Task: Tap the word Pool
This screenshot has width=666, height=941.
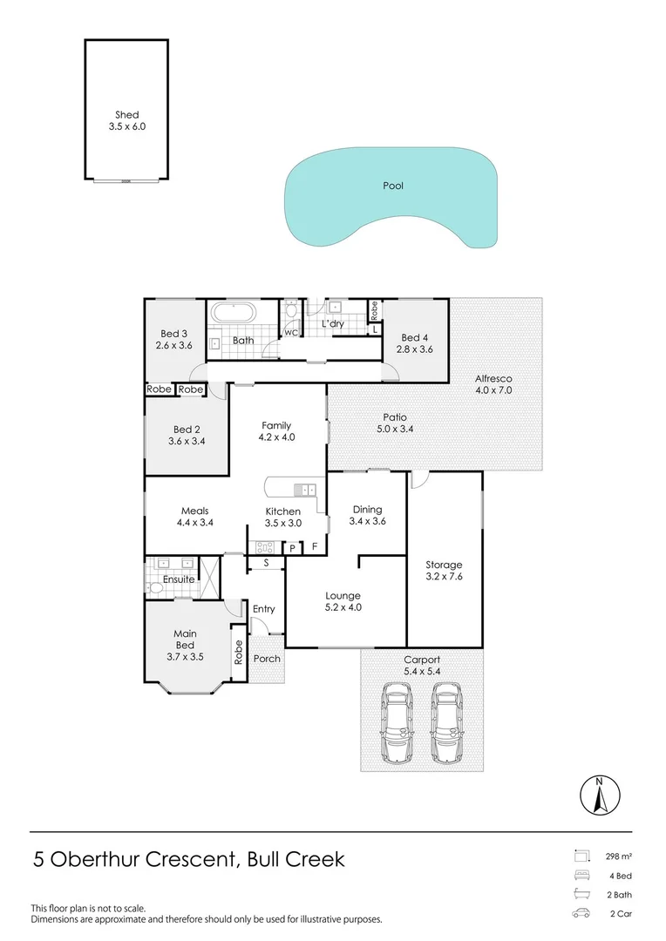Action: pyautogui.click(x=393, y=186)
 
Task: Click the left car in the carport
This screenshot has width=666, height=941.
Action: pyautogui.click(x=397, y=721)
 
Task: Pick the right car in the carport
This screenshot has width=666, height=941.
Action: pyautogui.click(x=447, y=721)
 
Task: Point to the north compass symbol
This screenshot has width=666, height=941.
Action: pyautogui.click(x=599, y=794)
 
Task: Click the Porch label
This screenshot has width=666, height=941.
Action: pyautogui.click(x=267, y=658)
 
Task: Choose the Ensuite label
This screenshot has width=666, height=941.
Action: pyautogui.click(x=179, y=579)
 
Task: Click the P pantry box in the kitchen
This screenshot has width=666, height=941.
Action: pyautogui.click(x=293, y=548)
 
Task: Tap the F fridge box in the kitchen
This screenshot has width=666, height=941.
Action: pyautogui.click(x=314, y=548)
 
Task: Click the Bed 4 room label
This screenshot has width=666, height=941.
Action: pyautogui.click(x=414, y=343)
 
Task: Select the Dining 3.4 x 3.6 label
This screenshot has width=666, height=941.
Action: pyautogui.click(x=367, y=515)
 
